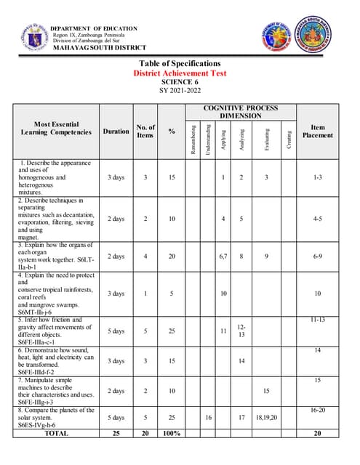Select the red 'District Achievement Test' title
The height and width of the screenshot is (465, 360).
click(x=180, y=73)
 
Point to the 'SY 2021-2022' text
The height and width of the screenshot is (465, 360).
click(x=179, y=92)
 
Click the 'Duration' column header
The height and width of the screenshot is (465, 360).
click(x=116, y=132)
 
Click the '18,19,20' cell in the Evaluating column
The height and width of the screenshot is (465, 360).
click(x=266, y=418)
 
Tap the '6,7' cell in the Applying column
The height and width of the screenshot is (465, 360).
click(x=223, y=256)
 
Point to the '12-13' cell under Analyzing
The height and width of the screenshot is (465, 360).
click(x=241, y=331)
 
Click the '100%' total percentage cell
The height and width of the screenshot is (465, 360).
click(x=172, y=433)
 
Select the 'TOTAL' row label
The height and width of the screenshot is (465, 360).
click(x=57, y=433)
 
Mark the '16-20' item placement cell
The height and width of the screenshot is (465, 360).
click(x=318, y=411)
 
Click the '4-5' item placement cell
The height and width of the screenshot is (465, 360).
click(x=318, y=218)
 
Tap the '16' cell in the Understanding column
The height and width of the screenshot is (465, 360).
click(x=209, y=418)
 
